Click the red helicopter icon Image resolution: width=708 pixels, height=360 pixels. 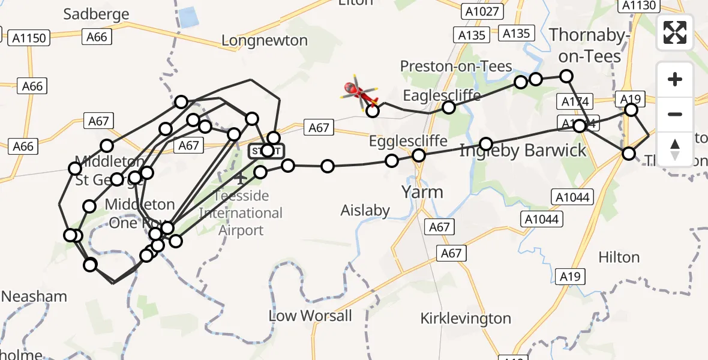click(360, 92)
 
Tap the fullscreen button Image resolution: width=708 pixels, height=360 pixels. click(675, 32)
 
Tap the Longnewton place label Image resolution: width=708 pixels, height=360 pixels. click(265, 41)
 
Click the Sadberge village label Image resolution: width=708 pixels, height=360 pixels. click(96, 14)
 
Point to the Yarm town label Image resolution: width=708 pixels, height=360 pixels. click(422, 192)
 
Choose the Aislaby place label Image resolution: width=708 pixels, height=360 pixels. click(365, 211)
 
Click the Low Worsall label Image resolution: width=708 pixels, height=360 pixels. click(310, 316)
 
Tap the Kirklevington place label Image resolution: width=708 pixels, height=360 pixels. click(466, 318)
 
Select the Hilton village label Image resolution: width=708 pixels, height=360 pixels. click(619, 257)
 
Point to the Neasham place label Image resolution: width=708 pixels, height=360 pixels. click(34, 296)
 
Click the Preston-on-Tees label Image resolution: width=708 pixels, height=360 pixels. click(456, 66)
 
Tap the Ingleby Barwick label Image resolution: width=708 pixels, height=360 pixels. click(523, 151)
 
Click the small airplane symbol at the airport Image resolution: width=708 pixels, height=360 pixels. click(241, 178)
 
